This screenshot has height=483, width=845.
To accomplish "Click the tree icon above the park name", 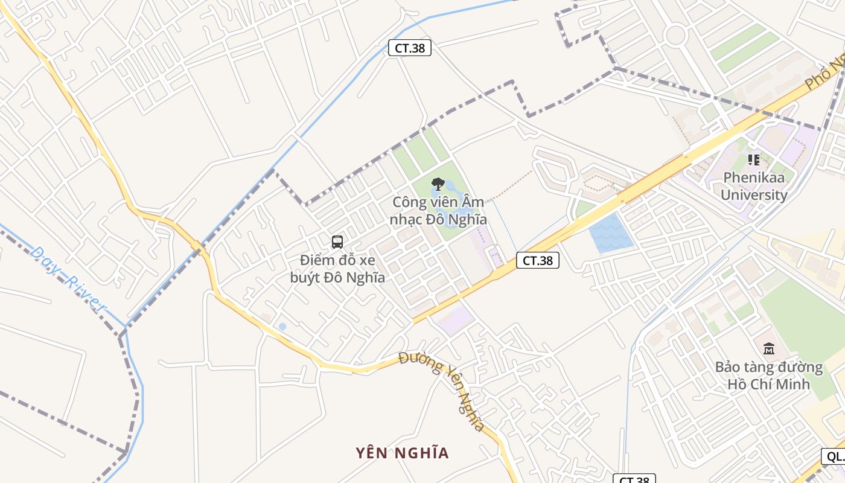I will (x=438, y=184).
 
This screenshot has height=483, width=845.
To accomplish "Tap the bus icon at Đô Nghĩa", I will (x=337, y=242).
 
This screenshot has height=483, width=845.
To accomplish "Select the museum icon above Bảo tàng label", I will (x=768, y=349).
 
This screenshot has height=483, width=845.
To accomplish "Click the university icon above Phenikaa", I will (x=754, y=160).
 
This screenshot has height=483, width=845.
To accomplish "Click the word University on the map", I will (x=754, y=195).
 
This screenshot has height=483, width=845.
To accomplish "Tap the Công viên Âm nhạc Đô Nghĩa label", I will (x=438, y=211).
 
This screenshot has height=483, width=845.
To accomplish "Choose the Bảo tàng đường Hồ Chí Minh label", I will (x=768, y=376).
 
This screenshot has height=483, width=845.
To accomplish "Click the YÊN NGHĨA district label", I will (x=402, y=453).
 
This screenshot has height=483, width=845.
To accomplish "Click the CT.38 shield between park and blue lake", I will (x=538, y=261).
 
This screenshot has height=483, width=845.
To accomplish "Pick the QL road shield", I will (x=834, y=456).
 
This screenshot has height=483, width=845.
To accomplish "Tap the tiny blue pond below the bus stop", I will (x=282, y=327).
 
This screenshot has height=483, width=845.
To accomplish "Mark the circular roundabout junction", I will (x=675, y=34).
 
